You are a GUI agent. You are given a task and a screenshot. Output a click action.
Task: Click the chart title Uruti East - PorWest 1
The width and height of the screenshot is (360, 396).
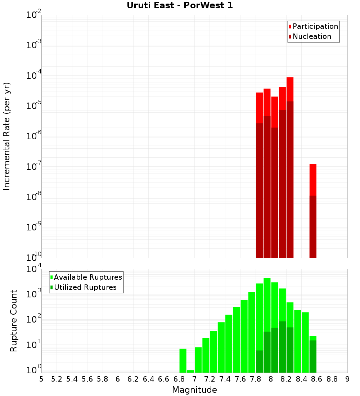pos(180,5)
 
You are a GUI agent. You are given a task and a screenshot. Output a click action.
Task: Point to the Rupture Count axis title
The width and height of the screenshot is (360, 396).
pos(14,321)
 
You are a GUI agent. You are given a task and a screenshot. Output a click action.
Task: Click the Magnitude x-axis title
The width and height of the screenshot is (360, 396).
pos(194,390)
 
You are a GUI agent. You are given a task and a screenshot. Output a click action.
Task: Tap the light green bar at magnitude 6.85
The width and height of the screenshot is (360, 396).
pos(183,360)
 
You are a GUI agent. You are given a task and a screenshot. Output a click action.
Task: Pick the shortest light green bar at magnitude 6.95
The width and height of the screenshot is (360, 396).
pos(190,371)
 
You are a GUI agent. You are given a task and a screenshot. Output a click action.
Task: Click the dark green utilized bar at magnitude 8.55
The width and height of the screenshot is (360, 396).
pos(313,356)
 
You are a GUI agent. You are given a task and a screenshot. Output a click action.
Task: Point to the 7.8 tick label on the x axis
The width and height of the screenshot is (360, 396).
pos(256,379)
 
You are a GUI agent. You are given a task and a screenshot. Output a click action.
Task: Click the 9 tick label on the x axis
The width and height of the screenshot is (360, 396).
pos(347,379)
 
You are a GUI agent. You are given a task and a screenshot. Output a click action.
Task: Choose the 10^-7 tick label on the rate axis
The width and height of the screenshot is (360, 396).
pos(34,167)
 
